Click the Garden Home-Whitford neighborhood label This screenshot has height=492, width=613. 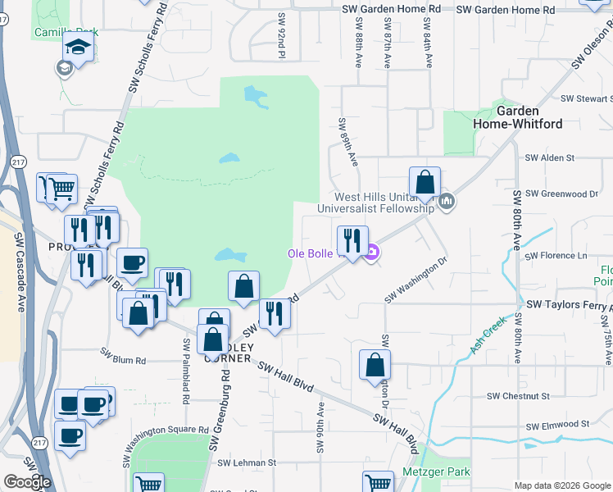517,117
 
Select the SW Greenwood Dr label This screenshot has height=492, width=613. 561,194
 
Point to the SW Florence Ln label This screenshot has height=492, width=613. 557,256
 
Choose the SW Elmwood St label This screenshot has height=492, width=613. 558,426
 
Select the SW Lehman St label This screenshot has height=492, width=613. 247,462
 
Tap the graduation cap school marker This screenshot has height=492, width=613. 79,48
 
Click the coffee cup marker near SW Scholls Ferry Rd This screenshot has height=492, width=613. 132,263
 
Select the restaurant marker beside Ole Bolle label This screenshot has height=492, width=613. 352,240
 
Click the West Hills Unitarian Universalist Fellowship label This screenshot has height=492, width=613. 383,203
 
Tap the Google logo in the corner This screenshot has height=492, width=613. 27,481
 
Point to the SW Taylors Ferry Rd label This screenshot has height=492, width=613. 569,303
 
